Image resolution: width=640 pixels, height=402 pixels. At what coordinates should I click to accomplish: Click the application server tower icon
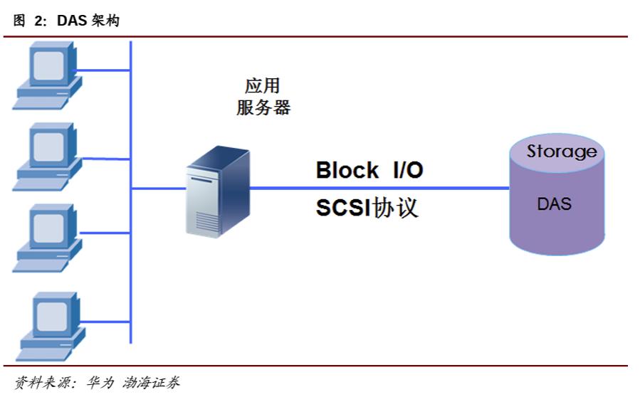tap(216, 192)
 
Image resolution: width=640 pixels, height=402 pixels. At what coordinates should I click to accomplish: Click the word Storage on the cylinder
tap(561, 151)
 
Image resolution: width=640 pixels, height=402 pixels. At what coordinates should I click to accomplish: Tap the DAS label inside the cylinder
tap(554, 203)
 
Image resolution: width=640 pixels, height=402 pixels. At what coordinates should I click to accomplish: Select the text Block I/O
tap(369, 171)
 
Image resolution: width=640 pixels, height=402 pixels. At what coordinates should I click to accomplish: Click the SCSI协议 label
tap(367, 207)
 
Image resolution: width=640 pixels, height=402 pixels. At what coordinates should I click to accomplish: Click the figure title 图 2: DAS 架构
tap(67, 21)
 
